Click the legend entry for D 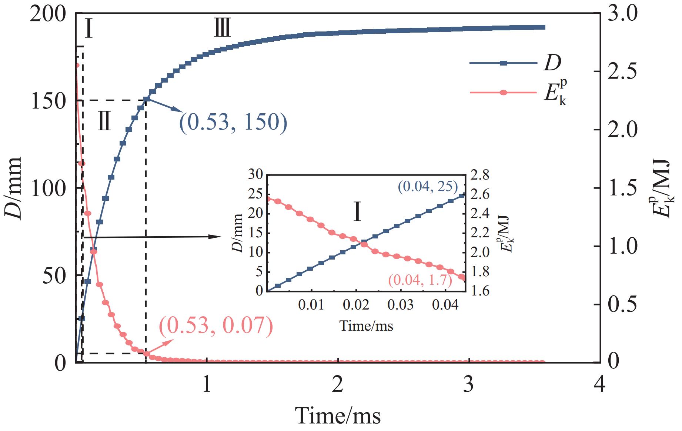click(552, 63)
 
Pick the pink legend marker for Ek click(503, 93)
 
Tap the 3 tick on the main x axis click(469, 385)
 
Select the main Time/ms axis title click(338, 415)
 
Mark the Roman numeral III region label click(223, 28)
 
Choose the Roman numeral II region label click(104, 122)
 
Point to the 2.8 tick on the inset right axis click(479, 174)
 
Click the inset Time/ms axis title click(366, 325)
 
